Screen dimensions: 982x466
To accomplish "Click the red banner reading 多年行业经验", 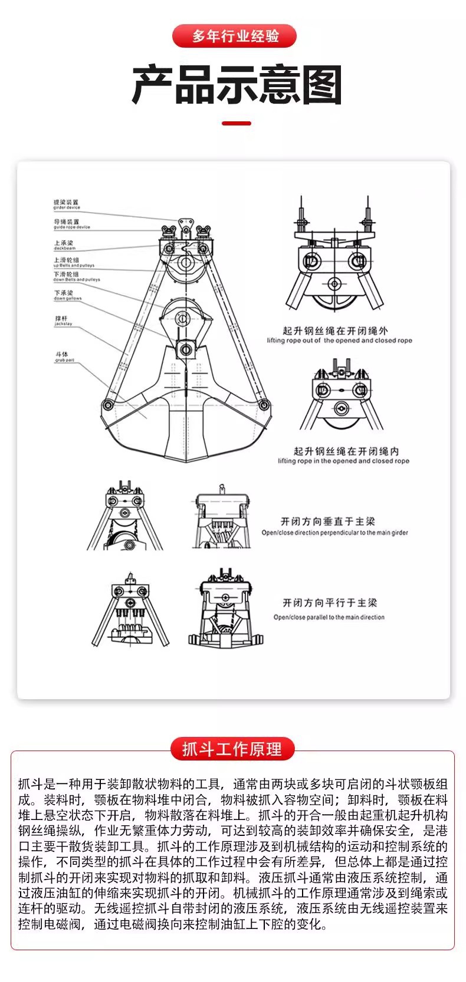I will [x=234, y=36].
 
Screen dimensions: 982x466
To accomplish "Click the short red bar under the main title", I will [x=236, y=124].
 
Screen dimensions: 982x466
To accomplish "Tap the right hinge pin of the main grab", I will [x=264, y=404].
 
